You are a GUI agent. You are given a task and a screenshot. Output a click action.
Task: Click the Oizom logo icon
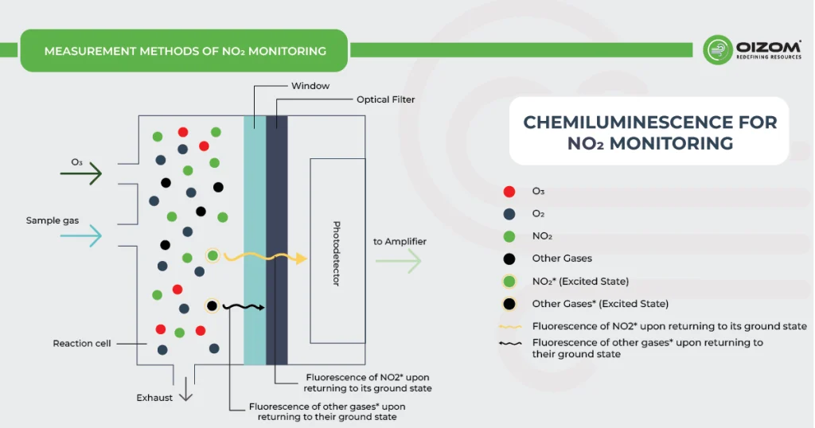[718, 49]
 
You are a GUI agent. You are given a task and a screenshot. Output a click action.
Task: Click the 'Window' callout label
[310, 86]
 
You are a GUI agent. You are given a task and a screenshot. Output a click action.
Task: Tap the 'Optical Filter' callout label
[385, 100]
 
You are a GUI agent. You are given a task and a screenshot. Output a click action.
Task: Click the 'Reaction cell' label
[82, 344]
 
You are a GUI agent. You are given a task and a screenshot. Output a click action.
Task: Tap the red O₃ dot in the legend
[509, 191]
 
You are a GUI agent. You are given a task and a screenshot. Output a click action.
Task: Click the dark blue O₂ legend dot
[509, 214]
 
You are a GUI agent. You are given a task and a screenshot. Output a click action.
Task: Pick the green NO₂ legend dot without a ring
[509, 236]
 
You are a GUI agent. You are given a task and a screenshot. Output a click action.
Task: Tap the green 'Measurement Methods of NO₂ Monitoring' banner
[185, 51]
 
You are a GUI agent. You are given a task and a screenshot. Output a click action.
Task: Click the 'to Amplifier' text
[400, 242]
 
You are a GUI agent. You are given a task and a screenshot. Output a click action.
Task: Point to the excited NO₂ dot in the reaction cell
[213, 255]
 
